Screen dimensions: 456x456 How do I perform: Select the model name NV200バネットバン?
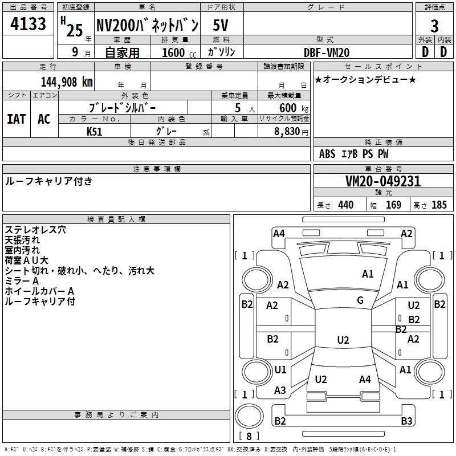pos(147,25)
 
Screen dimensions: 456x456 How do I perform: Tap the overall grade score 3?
pos(434,26)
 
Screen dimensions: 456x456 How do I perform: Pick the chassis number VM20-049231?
pos(383,181)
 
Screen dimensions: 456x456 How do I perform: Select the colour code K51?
pos(95,131)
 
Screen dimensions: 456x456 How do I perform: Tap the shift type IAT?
pos(17,119)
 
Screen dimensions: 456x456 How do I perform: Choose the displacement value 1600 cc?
pos(178,52)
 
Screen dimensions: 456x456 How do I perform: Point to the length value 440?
pos(345,205)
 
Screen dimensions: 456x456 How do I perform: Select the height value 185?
pos(439,205)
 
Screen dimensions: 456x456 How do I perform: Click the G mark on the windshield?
pos(360,300)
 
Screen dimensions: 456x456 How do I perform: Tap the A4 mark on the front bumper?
pos(279,233)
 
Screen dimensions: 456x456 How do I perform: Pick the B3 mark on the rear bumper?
pos(406,421)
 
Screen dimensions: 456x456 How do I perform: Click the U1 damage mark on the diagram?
pos(280,370)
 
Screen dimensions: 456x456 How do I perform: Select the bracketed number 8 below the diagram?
pos(248,437)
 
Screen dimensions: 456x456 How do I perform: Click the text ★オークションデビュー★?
pos(365,80)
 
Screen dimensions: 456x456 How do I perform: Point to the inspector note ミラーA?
pos(22,281)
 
